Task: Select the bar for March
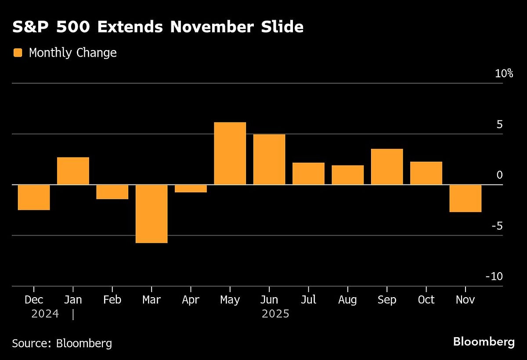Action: click(152, 213)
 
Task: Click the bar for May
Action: click(230, 153)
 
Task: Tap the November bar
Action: click(465, 198)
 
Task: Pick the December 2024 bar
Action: click(34, 197)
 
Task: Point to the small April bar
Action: click(191, 188)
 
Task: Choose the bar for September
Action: click(387, 167)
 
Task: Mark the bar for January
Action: click(73, 171)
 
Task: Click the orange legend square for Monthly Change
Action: click(18, 53)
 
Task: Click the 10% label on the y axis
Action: click(504, 74)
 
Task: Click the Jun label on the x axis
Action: click(269, 300)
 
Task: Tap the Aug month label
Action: click(347, 300)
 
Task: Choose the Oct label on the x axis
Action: click(426, 300)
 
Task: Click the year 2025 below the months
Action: click(275, 314)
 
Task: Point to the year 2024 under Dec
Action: click(45, 314)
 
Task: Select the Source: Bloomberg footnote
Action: click(62, 343)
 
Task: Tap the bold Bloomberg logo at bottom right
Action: click(484, 342)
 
